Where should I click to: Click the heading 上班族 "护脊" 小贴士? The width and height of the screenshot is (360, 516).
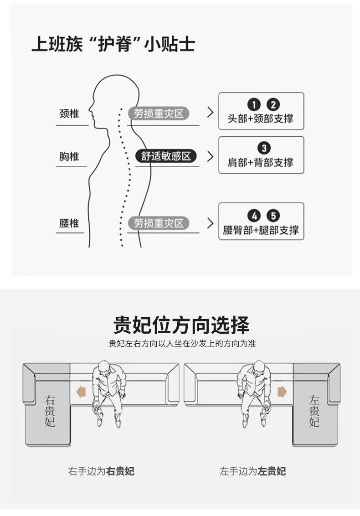(x=113, y=44)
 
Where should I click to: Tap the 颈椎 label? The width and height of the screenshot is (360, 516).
(x=69, y=114)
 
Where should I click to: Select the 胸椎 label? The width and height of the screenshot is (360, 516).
(x=69, y=157)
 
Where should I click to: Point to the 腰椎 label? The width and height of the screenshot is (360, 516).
(x=69, y=223)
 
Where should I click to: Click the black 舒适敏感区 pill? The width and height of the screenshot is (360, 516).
(x=166, y=156)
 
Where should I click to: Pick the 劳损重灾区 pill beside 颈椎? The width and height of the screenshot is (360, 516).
(x=159, y=114)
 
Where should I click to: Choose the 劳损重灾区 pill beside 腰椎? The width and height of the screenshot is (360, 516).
(x=159, y=223)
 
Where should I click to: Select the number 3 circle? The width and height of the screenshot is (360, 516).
(x=263, y=148)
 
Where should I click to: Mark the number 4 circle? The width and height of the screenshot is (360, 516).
(x=253, y=216)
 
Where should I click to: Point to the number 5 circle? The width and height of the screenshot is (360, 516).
(x=273, y=216)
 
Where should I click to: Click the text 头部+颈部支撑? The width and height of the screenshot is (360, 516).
(x=261, y=119)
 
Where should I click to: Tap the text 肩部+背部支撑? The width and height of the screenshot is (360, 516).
(x=261, y=162)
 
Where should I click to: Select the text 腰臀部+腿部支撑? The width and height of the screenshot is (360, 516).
(x=261, y=230)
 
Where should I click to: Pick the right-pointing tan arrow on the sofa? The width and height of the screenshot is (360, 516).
(x=282, y=392)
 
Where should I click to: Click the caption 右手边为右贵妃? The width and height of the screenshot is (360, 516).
(x=101, y=471)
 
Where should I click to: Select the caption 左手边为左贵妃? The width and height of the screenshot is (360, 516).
(x=253, y=471)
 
